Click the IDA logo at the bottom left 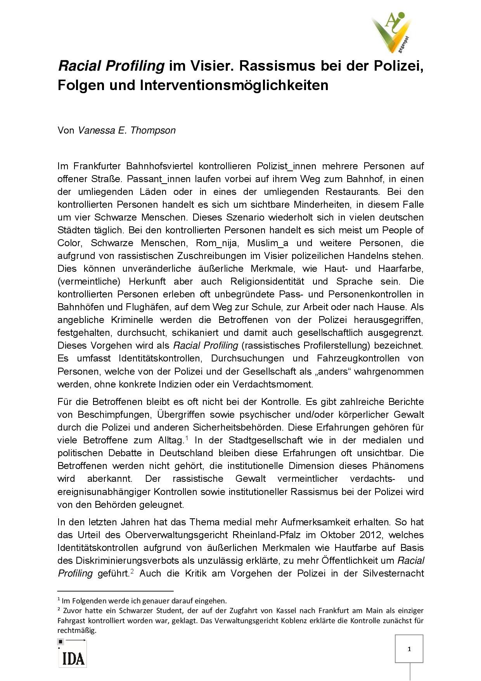[73, 658]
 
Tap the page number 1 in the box [409, 649]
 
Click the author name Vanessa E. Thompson [126, 130]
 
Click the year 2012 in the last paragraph [370, 535]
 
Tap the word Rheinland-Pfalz [266, 535]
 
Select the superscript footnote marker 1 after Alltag [187, 438]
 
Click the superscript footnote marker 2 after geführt [132, 571]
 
